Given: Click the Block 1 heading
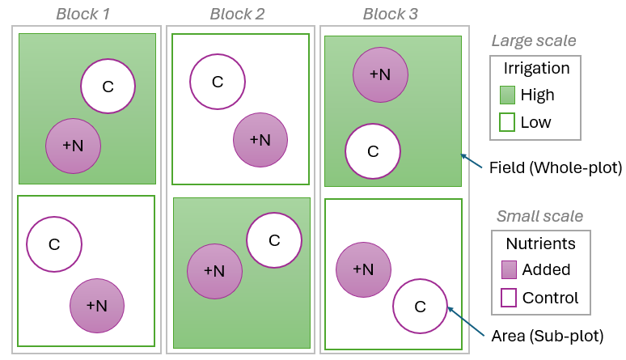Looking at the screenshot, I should tap(83, 14).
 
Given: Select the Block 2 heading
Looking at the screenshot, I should tap(237, 14).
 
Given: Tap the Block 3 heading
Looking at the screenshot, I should tap(391, 14).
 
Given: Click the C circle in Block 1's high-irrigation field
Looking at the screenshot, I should tap(108, 87).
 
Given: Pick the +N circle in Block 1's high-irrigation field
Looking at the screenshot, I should tap(73, 146).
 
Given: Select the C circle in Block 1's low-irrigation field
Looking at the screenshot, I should tap(54, 244).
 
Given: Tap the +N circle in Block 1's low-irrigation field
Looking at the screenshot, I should tap(97, 305).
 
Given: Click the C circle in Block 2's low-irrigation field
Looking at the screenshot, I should tap(218, 81).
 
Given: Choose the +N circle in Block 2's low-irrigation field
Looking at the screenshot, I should tap(260, 139).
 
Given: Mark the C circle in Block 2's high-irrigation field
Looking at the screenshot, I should tap(274, 239).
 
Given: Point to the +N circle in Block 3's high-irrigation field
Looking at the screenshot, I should tap(380, 74).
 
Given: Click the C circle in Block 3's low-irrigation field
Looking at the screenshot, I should tap(420, 306).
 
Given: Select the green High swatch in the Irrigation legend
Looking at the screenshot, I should tap(509, 95).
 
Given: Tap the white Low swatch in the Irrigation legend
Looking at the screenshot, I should tap(509, 122).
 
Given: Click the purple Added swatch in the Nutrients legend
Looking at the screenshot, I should tap(509, 269).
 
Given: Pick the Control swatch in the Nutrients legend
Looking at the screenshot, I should tap(509, 298).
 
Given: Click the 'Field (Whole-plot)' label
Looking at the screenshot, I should tap(555, 168).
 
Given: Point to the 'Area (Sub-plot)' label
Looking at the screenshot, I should tap(548, 335).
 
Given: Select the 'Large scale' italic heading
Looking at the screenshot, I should tap(534, 40).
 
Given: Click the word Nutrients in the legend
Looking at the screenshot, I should tap(540, 244).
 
